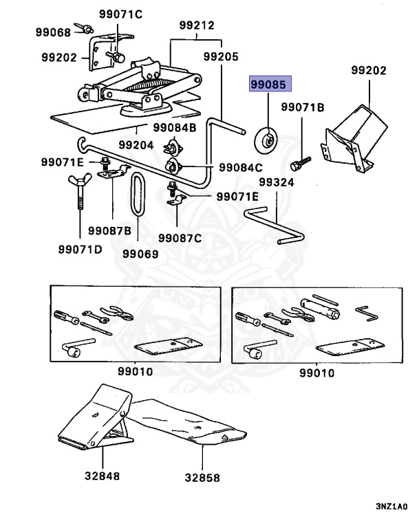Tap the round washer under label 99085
[266, 140]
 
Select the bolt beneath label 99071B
[301, 163]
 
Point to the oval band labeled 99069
[138, 194]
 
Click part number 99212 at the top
[197, 25]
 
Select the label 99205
[221, 56]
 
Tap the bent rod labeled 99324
[275, 224]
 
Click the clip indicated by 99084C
[173, 166]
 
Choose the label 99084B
[175, 128]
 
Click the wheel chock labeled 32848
[96, 417]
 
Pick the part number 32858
[202, 478]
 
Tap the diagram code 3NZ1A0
[391, 507]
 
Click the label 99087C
[180, 238]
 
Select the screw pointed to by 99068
[84, 28]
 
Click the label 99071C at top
[120, 14]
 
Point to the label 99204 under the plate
[136, 145]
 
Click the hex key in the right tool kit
[367, 313]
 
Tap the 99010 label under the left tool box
[135, 371]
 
